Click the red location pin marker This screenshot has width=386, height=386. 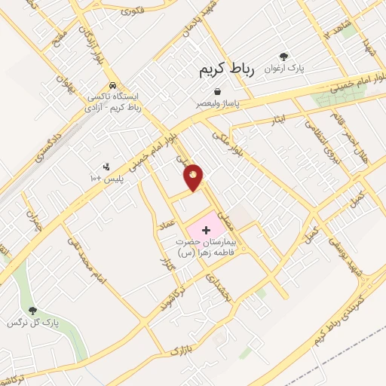tap(194, 177)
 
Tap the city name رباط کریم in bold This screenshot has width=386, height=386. tap(226, 69)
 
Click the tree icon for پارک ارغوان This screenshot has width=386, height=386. tap(283, 57)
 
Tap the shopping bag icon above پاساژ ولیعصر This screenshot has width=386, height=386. tap(217, 90)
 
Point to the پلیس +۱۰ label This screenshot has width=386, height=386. tap(96, 178)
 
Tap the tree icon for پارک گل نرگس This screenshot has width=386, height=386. tap(32, 311)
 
